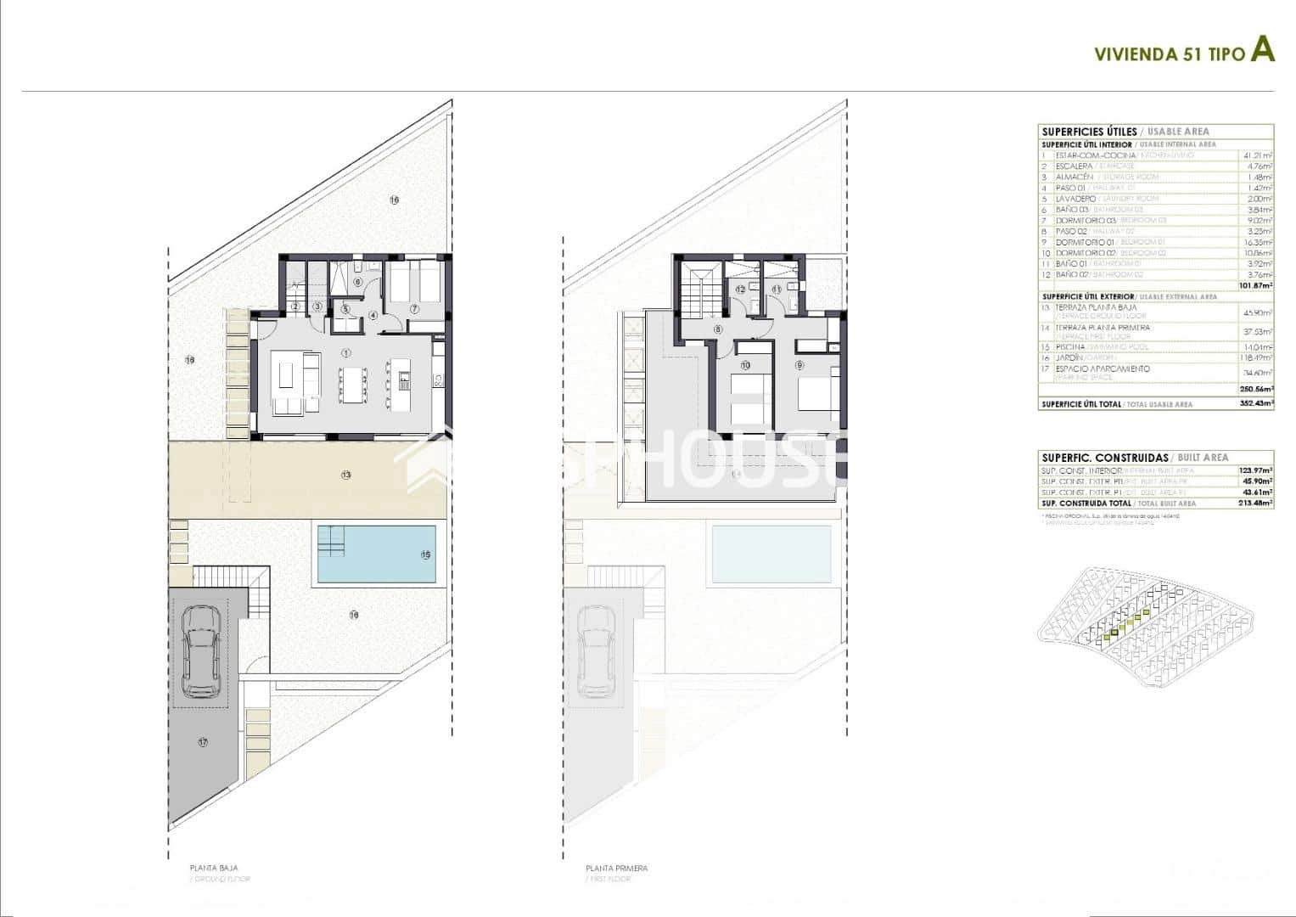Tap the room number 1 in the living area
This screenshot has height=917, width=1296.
[345, 352]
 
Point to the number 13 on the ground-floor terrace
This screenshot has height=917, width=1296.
[346, 475]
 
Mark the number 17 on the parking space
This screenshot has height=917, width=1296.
[202, 742]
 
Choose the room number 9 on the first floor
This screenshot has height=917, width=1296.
[799, 365]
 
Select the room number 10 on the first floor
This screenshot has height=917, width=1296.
[745, 366]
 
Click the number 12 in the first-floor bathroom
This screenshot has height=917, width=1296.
[740, 289]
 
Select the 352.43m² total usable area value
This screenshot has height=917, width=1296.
[1256, 404]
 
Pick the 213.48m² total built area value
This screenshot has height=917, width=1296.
[1256, 503]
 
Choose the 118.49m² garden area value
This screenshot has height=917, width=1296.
[1256, 358]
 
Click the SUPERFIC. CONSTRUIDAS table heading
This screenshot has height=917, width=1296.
[1104, 457]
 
